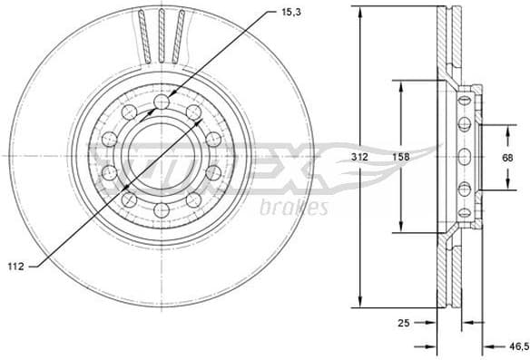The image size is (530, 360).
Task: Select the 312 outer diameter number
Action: pos(360,157)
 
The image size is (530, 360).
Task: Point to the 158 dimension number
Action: pos(400,157)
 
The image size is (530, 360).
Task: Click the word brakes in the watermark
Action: pos(293,209)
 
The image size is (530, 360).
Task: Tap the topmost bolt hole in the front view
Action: pos(162,102)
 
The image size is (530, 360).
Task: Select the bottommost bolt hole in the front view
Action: pos(162,210)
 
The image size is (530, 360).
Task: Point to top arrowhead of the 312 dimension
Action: pos(362,11)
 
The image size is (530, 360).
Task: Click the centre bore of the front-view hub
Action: pos(161,156)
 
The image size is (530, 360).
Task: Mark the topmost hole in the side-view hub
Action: pos(464,99)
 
